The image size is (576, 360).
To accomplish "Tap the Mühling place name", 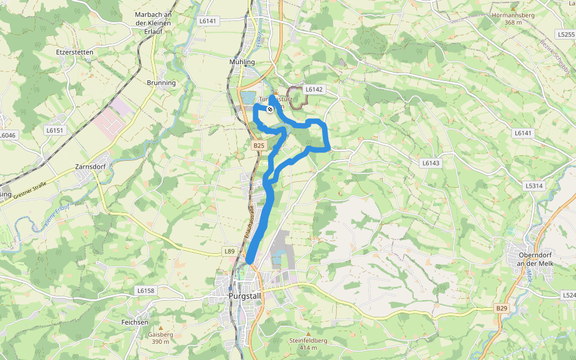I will point(242,62).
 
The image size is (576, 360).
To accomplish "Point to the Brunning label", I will point(161,83).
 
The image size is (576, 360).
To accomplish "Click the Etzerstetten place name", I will point(74,52).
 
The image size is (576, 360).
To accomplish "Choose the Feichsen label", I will point(134,322).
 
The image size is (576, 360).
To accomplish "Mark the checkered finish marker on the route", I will point(270,109).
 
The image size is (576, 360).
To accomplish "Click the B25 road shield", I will point(259,146).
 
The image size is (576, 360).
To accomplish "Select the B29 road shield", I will point(502,308).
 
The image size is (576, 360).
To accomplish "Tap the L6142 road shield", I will point(314,89).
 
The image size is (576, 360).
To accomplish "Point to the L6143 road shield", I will point(431,163).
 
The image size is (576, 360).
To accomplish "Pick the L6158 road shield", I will point(145,290).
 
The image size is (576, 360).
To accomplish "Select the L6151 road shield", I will point(54,130).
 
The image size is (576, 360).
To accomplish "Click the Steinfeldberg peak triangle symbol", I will point(308,334).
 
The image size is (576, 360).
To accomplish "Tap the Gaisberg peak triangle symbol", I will point(160,328).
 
